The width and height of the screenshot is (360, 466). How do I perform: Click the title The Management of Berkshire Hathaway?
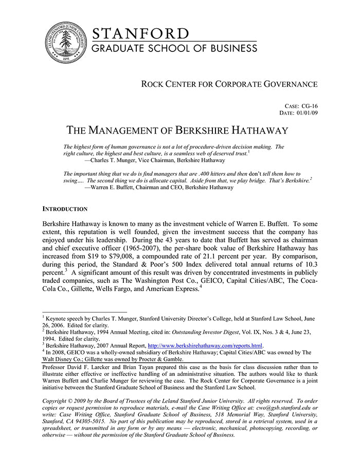pyautogui.click(x=177, y=130)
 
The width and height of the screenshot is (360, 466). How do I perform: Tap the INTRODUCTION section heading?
pyautogui.click(x=65, y=209)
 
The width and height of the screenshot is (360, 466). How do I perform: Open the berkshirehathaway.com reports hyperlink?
pyautogui.click(x=205, y=345)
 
